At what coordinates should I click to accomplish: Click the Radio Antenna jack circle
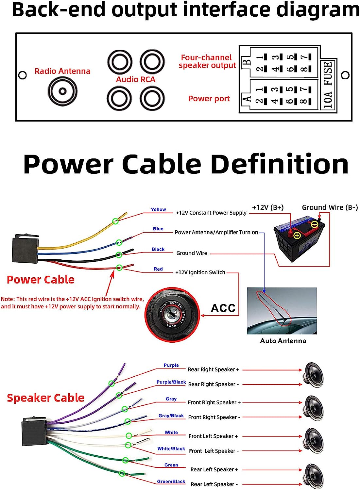pos(62,91)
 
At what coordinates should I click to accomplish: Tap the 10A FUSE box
pos(328,85)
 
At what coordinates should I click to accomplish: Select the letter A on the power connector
pos(246,98)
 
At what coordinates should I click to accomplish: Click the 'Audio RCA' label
pos(135,79)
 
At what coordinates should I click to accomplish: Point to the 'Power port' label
pos(209,99)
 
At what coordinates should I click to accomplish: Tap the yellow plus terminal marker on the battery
pos(297,235)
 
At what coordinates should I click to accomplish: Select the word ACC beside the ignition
pos(223,308)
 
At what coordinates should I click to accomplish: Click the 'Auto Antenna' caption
pos(283,341)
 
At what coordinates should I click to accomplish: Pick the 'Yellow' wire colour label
pos(158,209)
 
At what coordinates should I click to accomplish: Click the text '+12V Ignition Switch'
pos(200,272)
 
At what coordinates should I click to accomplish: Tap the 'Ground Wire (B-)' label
pos(330,207)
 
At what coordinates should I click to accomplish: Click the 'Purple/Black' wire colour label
pos(171,382)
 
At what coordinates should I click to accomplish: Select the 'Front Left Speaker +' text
pos(213,436)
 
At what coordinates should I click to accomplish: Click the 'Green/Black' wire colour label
pos(171,482)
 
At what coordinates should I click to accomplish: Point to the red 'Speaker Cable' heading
pos(45,398)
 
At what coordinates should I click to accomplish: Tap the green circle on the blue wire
pos(119,242)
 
